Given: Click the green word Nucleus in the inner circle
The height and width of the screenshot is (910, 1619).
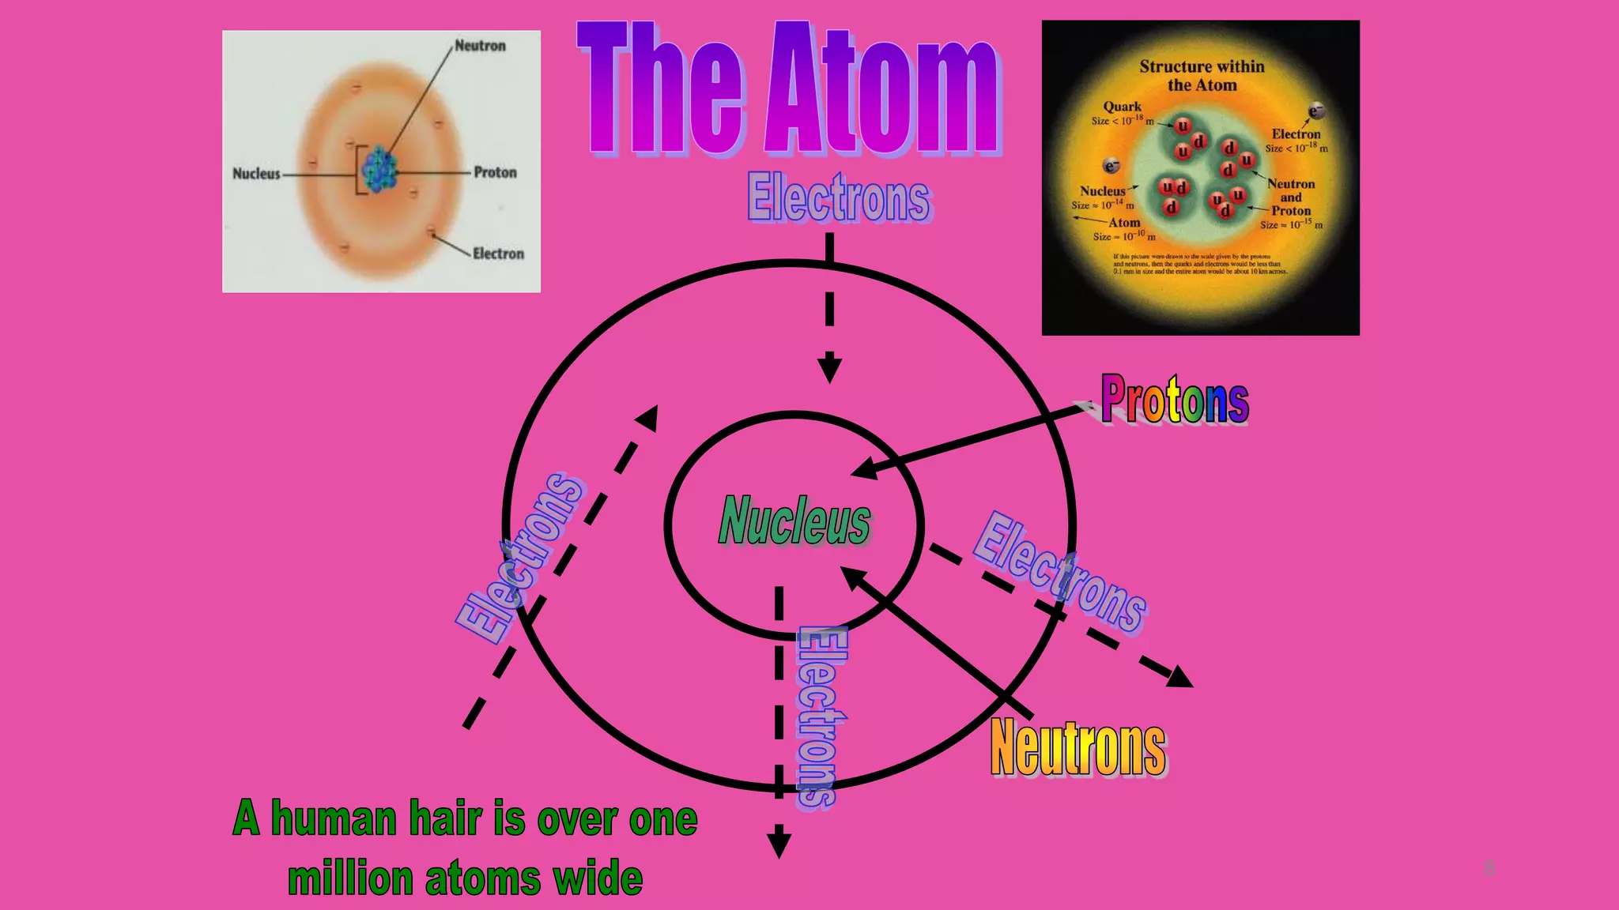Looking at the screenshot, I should [x=794, y=521].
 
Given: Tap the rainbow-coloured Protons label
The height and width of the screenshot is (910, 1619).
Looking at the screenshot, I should [x=1174, y=399].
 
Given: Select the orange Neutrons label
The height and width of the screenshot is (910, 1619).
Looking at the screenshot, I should [x=1078, y=747].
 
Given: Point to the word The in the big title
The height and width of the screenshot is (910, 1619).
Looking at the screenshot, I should [x=660, y=90].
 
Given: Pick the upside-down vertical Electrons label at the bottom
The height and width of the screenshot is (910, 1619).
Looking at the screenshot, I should [x=820, y=716].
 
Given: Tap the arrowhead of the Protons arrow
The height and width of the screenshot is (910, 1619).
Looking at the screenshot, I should [x=863, y=470].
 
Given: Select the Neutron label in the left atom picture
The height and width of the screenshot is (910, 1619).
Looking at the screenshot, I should [x=480, y=46].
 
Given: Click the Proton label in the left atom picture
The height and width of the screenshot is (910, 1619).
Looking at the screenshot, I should [x=495, y=172].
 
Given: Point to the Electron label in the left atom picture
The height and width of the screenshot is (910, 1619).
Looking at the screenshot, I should [x=498, y=254].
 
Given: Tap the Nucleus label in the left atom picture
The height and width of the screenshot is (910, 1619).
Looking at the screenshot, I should [x=256, y=173].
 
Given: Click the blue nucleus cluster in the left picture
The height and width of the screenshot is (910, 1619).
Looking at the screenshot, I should [x=379, y=169].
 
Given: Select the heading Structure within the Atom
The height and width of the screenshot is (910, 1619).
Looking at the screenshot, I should [x=1202, y=76].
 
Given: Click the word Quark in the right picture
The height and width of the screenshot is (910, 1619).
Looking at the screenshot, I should [x=1122, y=107].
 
